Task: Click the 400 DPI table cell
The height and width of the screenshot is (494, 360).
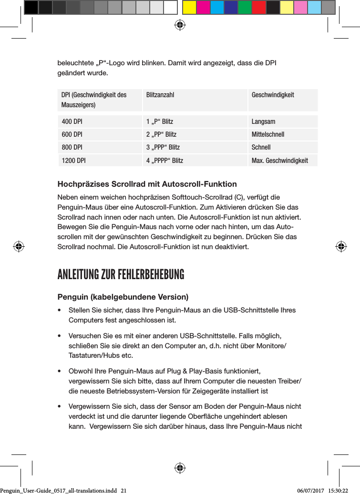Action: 72,121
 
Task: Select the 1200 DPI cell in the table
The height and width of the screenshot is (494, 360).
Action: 73,161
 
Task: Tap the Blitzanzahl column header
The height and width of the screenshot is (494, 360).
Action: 160,95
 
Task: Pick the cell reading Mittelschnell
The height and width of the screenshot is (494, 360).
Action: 267,134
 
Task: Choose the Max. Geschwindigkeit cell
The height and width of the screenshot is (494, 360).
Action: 279,161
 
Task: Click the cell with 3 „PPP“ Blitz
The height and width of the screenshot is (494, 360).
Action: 163,148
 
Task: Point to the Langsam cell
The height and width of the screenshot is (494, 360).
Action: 263,121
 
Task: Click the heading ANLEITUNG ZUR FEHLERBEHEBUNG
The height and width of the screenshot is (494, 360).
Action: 121,275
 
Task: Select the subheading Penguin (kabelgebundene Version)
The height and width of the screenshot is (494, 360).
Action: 123,297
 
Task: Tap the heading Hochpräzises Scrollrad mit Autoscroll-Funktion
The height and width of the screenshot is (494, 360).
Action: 147,184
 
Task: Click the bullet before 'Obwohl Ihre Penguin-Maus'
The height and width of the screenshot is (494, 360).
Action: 59,371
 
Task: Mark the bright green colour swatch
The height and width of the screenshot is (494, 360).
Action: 245,8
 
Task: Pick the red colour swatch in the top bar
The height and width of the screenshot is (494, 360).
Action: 258,8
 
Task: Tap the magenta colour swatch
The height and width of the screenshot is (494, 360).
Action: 203,8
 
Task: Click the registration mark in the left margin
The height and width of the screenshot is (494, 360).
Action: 19,247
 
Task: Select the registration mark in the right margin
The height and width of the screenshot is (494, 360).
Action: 340,247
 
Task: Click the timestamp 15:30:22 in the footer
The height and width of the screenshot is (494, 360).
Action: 338,490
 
